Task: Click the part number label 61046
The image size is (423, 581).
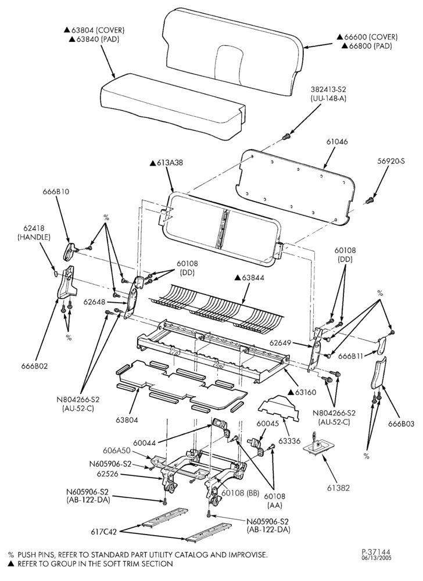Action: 337,142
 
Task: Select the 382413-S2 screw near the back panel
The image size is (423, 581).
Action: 285,137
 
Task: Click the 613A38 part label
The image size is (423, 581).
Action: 166,163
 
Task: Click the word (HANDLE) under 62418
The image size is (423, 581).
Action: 34,237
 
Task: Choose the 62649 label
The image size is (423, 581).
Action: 281,343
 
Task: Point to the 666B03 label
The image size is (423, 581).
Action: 401,424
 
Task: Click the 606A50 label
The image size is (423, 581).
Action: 117,451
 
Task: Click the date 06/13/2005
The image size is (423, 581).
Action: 377,558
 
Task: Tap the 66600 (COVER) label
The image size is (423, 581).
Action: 367,37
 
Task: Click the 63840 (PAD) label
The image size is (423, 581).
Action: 91,39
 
